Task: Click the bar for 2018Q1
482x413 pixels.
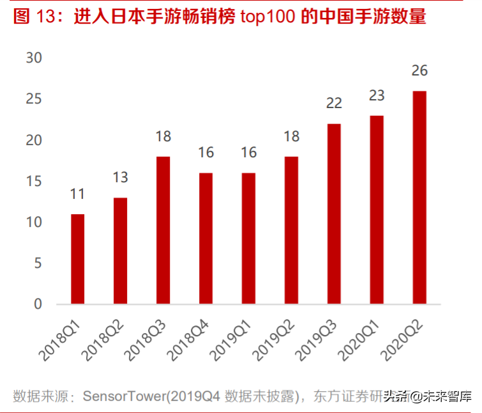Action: [x=77, y=259]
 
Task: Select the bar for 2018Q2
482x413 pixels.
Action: [x=120, y=251]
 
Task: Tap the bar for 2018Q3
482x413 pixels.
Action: [x=163, y=230]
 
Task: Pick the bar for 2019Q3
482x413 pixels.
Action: [x=334, y=214]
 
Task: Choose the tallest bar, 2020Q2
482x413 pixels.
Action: [x=419, y=198]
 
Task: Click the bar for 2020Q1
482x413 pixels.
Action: [x=377, y=210]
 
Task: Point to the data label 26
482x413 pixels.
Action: [x=419, y=70]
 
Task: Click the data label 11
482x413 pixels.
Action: [x=77, y=194]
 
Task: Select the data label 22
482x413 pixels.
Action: [x=334, y=103]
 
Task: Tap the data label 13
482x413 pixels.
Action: [x=120, y=177]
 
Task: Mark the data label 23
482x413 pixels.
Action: [x=377, y=95]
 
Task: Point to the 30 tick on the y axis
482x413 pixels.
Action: [x=33, y=58]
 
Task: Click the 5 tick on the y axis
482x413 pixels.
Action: [x=38, y=263]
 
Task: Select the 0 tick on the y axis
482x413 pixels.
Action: [x=38, y=304]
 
